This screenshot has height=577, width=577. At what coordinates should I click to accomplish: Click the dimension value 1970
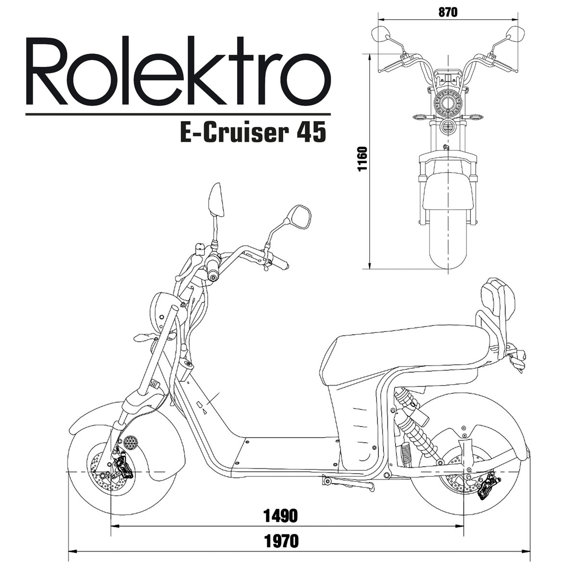(281, 541)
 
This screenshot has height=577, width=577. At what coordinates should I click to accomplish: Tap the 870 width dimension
(448, 12)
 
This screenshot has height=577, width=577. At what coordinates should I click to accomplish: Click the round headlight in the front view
(448, 102)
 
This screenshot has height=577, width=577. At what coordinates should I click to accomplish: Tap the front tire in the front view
(448, 240)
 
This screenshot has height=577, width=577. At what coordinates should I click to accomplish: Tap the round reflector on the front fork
(130, 441)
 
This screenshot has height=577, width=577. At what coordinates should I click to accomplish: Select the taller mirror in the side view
(216, 200)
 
